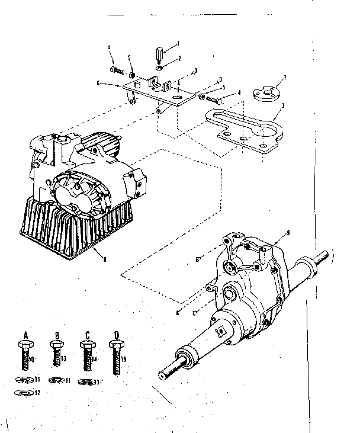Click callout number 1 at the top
(x=178, y=43)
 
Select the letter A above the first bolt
(x=26, y=335)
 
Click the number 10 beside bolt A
(x=32, y=360)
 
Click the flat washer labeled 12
(x=22, y=393)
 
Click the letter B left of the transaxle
(x=197, y=259)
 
